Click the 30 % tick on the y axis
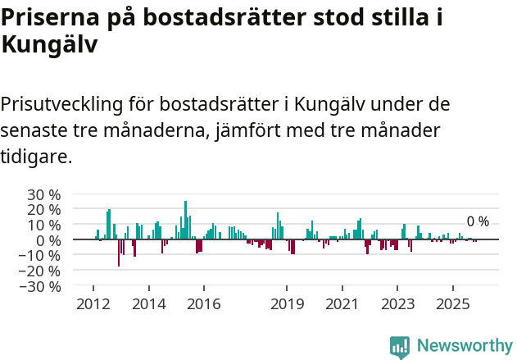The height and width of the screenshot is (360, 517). pos(44,194)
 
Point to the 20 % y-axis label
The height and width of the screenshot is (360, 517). pos(44,210)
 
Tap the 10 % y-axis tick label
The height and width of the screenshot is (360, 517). pos(44,225)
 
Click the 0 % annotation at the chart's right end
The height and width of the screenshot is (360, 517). pos(478,221)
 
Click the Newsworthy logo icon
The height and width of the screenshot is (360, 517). pos(400,346)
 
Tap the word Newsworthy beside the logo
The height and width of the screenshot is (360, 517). pos(465,346)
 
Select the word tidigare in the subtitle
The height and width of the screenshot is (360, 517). pos(37,156)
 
